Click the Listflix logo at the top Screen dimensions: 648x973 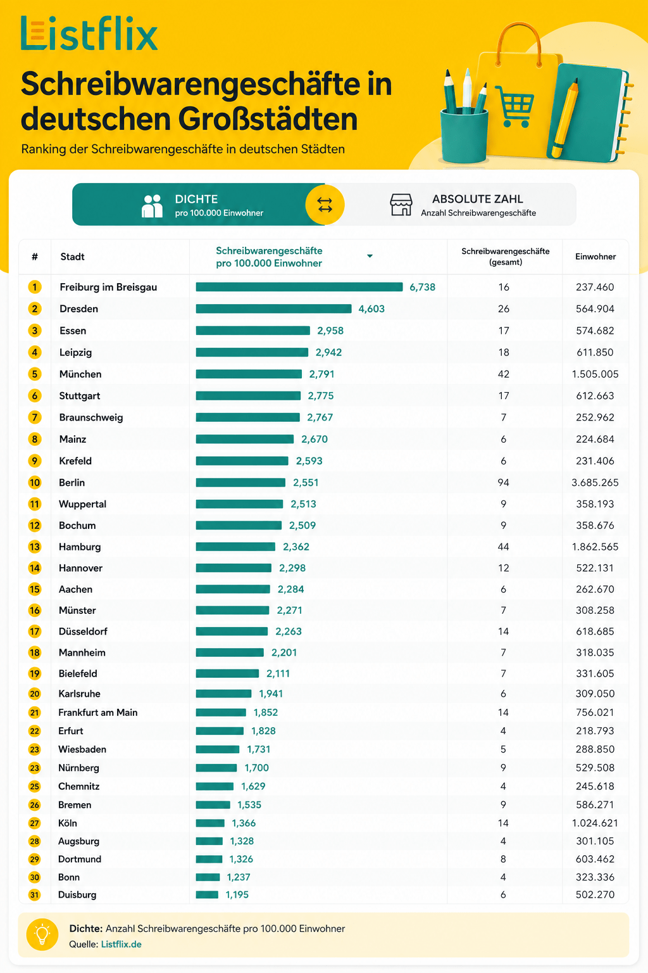(89, 34)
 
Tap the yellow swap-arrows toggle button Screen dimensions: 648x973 (325, 205)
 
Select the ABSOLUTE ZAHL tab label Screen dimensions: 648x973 (477, 199)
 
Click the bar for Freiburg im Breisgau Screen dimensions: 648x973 (299, 287)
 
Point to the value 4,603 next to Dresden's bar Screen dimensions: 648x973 (371, 309)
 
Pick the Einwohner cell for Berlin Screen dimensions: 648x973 (595, 483)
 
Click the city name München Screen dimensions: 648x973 (80, 374)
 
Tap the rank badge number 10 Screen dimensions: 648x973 (35, 483)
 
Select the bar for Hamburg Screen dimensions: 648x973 (235, 547)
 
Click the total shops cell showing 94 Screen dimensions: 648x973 (504, 483)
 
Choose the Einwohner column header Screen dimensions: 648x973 (595, 257)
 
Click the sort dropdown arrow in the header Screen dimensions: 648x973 (370, 257)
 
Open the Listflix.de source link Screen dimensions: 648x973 (121, 944)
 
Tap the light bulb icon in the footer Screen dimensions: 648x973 (42, 935)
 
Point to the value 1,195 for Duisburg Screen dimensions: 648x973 (237, 895)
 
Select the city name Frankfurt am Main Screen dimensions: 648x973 (97, 713)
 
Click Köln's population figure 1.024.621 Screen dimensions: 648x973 (595, 823)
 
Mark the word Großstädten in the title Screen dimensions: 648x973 (268, 118)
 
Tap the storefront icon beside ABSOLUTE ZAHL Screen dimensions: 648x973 (401, 205)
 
